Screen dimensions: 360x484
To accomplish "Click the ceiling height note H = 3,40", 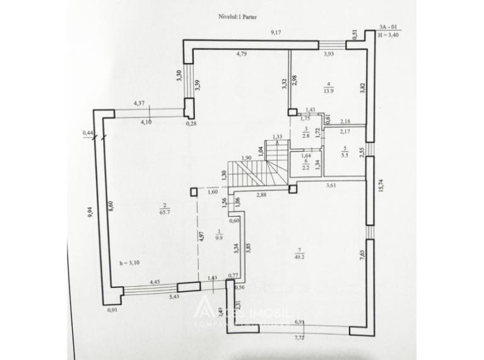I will coord(389,36).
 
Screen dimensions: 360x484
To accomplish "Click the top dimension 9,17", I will coord(275,32).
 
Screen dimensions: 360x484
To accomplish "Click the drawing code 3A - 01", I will coord(388,27).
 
